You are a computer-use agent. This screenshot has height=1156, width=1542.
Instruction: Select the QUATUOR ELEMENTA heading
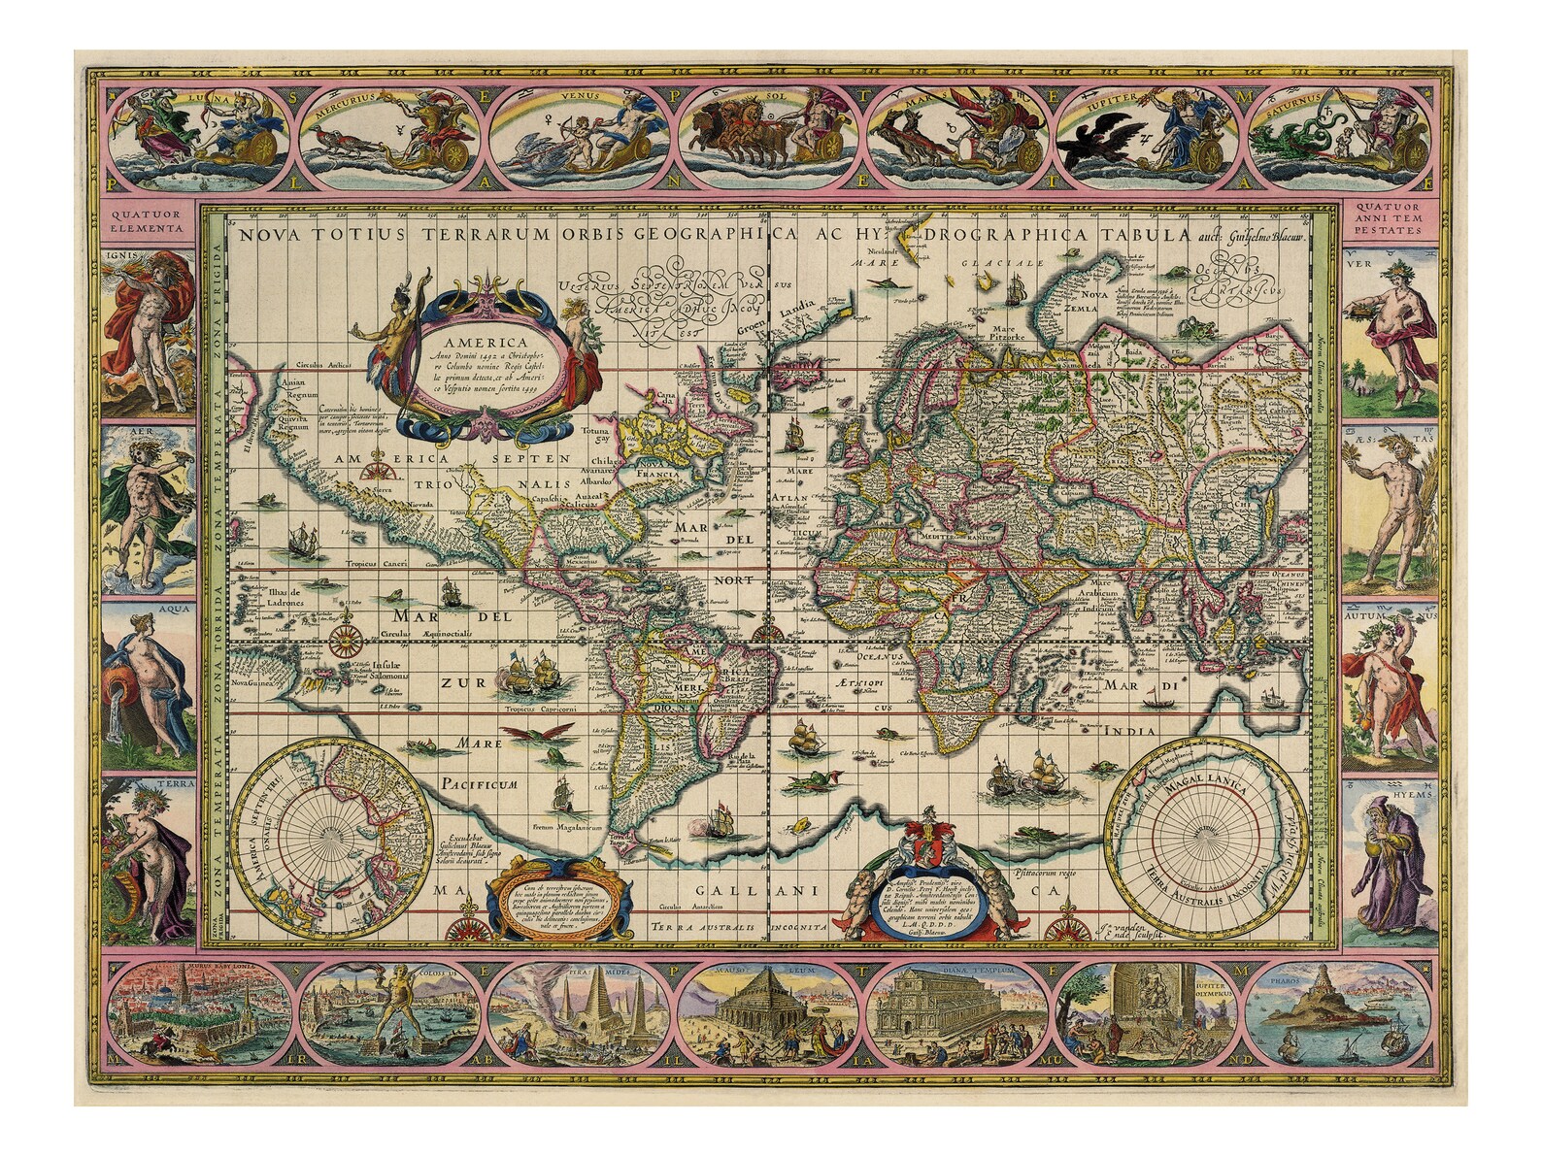pos(145,222)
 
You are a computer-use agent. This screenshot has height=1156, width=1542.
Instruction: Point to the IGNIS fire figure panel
pos(146,330)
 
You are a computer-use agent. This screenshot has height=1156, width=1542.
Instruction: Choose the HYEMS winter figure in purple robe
pos(1394,851)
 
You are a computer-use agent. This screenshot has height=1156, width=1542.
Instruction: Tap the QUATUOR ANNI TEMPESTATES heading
pos(1394,222)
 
